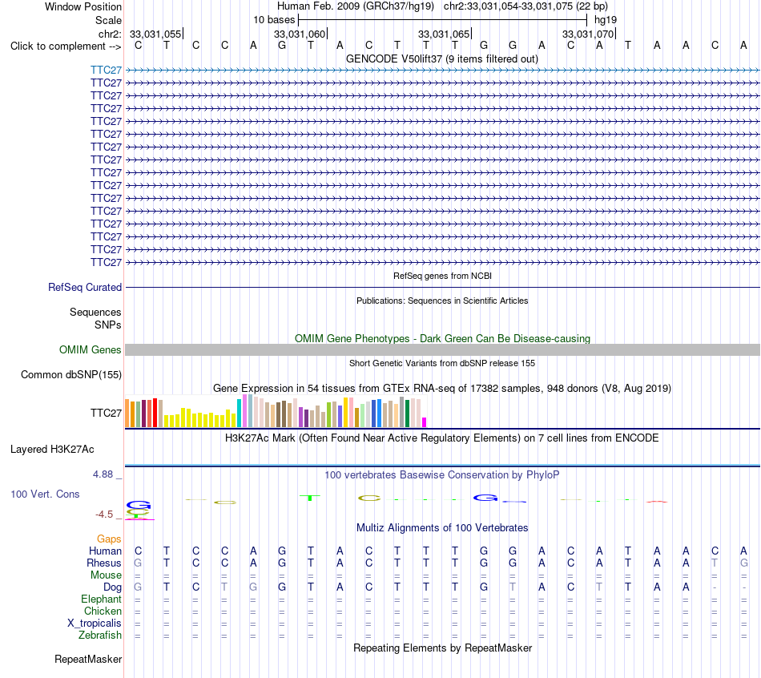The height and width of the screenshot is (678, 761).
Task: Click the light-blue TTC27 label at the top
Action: click(106, 70)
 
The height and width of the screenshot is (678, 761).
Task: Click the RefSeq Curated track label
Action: click(85, 287)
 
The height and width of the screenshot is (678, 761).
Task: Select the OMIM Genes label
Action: click(91, 349)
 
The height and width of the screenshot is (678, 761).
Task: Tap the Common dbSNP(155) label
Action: click(71, 374)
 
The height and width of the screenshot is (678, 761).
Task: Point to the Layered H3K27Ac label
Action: click(52, 450)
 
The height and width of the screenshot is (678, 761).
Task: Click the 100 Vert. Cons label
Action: click(45, 494)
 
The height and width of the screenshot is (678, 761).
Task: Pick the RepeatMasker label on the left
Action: click(88, 659)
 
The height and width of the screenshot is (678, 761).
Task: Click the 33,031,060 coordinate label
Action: click(300, 34)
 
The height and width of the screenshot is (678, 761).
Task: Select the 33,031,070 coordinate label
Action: click(588, 34)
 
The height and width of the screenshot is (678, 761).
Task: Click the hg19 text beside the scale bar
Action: click(606, 20)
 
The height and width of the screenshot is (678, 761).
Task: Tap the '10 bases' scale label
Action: click(274, 20)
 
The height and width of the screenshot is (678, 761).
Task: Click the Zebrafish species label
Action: click(100, 635)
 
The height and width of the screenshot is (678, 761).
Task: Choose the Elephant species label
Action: click(102, 599)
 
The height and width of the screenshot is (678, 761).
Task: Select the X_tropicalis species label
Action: click(95, 624)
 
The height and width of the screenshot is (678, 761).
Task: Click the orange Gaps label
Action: click(109, 539)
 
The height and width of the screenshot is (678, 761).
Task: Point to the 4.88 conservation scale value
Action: click(103, 474)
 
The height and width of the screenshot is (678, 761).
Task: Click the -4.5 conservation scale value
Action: click(104, 514)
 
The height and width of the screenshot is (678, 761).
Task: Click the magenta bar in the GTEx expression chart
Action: click(425, 422)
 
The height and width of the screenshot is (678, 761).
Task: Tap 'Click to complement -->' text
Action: click(66, 46)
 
